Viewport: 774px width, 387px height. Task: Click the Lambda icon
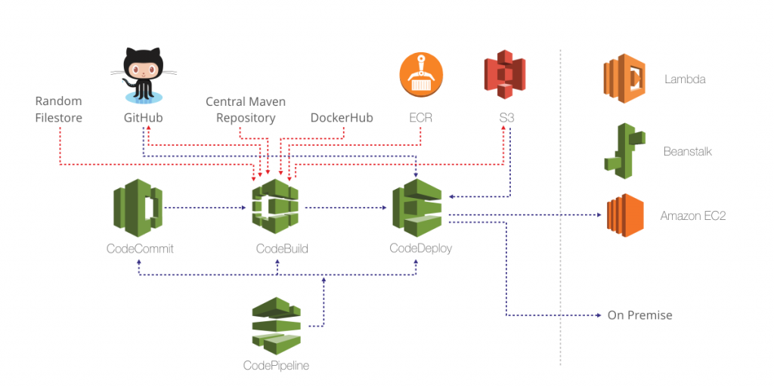click(624, 79)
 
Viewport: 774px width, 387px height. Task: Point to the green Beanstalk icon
click(624, 151)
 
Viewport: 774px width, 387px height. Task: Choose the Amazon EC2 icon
click(624, 215)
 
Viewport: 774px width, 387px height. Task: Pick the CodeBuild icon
click(276, 208)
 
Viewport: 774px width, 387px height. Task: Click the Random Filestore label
click(58, 110)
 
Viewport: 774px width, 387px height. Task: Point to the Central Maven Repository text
click(246, 110)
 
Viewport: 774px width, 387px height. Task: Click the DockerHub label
click(342, 118)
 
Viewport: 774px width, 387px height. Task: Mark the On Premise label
click(639, 315)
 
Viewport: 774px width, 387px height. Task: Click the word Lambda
click(685, 79)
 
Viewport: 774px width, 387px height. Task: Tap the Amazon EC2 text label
click(692, 215)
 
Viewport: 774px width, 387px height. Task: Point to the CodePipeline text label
click(276, 366)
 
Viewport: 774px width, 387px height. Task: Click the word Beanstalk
click(687, 151)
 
